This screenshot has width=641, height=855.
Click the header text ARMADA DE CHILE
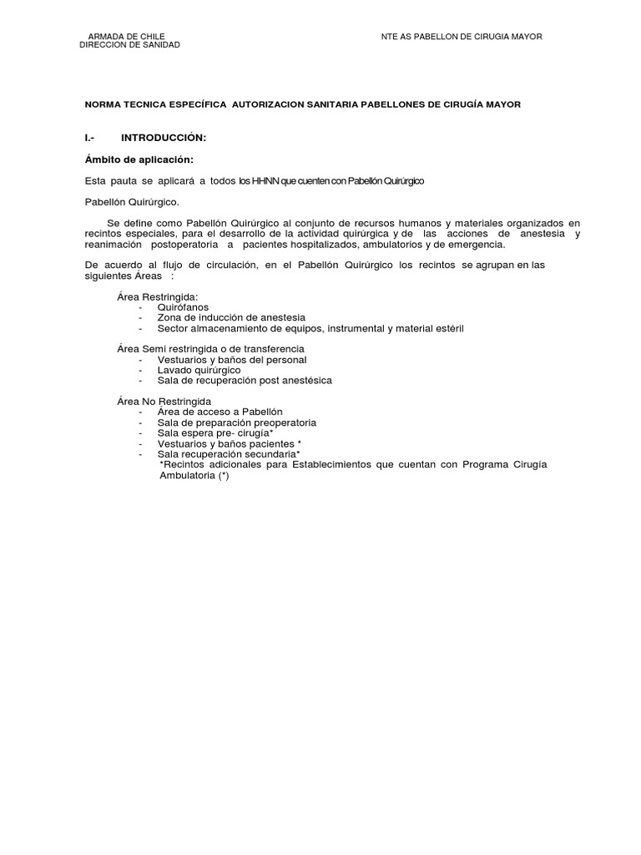pos(126,36)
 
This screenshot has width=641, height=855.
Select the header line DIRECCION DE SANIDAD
pos(129,45)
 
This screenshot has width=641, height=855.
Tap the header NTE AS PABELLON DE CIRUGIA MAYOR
pos(462,37)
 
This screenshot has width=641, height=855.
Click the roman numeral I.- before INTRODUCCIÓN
pos(92,136)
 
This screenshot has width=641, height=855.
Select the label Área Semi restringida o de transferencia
pos(210,348)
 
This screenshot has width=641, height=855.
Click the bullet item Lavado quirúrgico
pos(199,369)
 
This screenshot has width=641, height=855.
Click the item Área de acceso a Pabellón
pos(220,412)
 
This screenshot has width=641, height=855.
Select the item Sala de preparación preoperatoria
pos(237,422)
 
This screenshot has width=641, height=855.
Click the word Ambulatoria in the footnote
pos(186,475)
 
